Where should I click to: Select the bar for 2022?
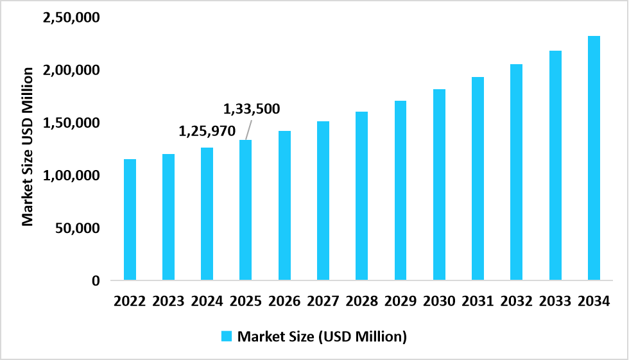pyautogui.click(x=130, y=219)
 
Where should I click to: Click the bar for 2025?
pyautogui.click(x=245, y=210)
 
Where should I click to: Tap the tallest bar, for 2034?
pyautogui.click(x=594, y=158)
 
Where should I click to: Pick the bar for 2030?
pyautogui.click(x=439, y=185)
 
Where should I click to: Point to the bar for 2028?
pyautogui.click(x=361, y=196)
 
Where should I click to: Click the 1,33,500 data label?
pyautogui.click(x=252, y=109)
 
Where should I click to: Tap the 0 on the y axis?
pyautogui.click(x=96, y=281)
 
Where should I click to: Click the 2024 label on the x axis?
pyautogui.click(x=207, y=300)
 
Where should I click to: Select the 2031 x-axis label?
pyautogui.click(x=478, y=300)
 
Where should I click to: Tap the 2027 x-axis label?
pyautogui.click(x=323, y=300)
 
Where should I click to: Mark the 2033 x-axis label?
pyautogui.click(x=555, y=300)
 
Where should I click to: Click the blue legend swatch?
pyautogui.click(x=227, y=336)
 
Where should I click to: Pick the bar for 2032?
pyautogui.click(x=516, y=172)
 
